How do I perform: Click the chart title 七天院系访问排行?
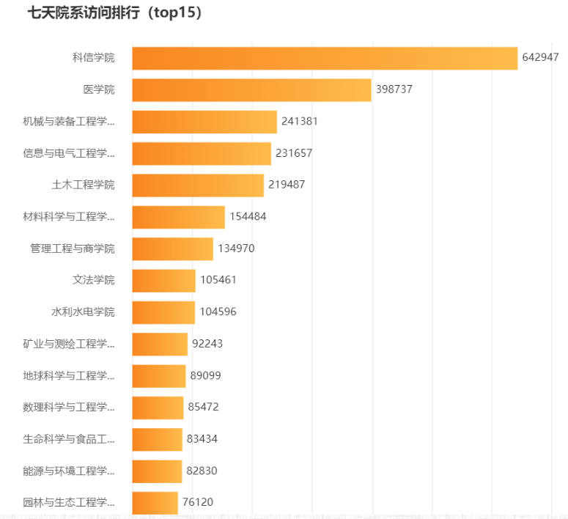tap(114, 13)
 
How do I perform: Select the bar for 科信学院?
tap(325, 58)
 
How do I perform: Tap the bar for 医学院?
tap(251, 89)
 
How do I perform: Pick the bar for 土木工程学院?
tap(198, 185)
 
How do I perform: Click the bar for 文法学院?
tap(163, 280)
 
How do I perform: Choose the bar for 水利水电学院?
tap(163, 312)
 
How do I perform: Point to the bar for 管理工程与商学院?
tap(172, 249)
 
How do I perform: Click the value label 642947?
tap(540, 58)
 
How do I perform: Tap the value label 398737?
tap(394, 89)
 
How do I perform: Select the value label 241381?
tap(299, 122)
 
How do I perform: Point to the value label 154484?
tap(247, 217)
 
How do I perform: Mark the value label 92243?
tap(207, 344)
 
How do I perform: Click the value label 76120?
tap(198, 502)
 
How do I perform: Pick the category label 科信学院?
tap(94, 58)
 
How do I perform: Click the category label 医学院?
tap(99, 89)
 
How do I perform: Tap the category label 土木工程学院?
tap(83, 185)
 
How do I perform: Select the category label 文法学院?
tap(94, 280)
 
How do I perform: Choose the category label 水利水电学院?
tap(83, 312)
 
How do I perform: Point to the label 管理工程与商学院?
tap(73, 249)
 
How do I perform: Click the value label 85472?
tap(203, 407)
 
